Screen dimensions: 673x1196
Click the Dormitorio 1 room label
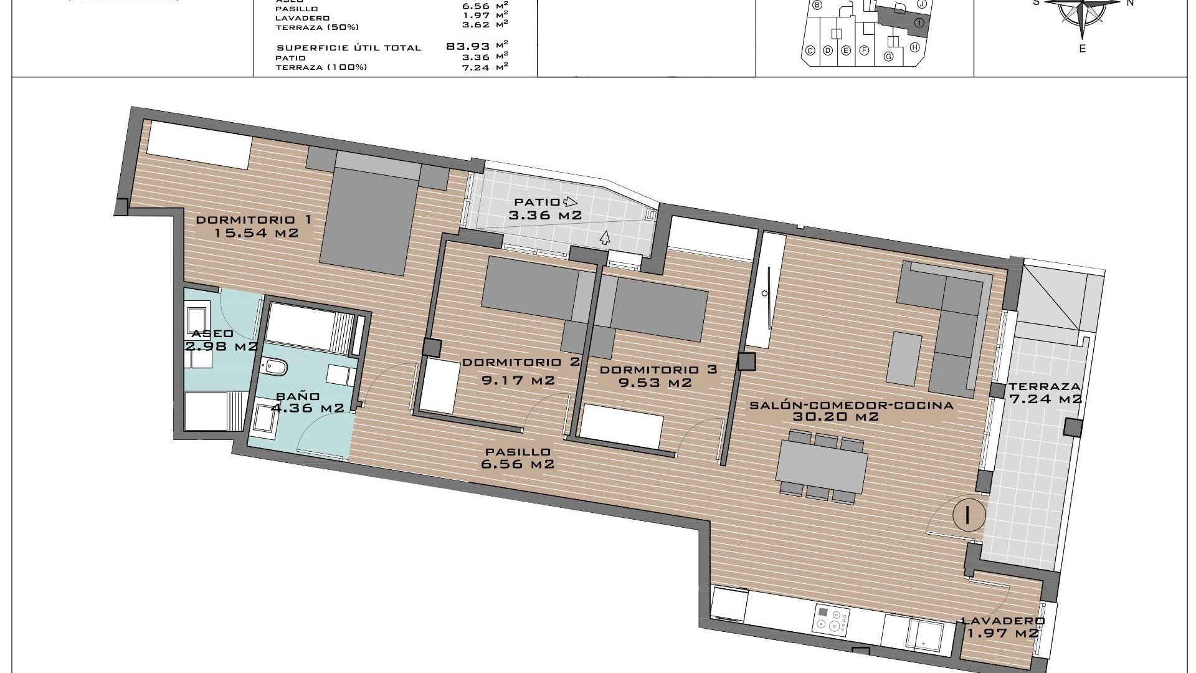pyautogui.click(x=253, y=220)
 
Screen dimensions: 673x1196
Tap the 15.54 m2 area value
pyautogui.click(x=256, y=234)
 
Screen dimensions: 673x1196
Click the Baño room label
pyautogui.click(x=298, y=396)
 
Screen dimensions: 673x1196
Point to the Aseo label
pyautogui.click(x=212, y=334)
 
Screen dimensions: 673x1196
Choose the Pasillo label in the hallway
pyautogui.click(x=518, y=452)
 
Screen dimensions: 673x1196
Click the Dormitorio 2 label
pyautogui.click(x=521, y=362)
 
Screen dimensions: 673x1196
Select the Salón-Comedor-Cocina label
pyautogui.click(x=852, y=405)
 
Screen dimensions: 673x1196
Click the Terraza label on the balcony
pyautogui.click(x=1045, y=386)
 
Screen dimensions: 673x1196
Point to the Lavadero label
pyautogui.click(x=1003, y=621)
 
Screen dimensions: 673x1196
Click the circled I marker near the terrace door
pyautogui.click(x=969, y=515)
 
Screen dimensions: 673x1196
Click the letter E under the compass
pyautogui.click(x=1082, y=49)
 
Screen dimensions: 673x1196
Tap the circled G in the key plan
pyautogui.click(x=888, y=57)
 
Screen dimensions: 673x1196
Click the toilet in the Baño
pyautogui.click(x=273, y=368)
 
